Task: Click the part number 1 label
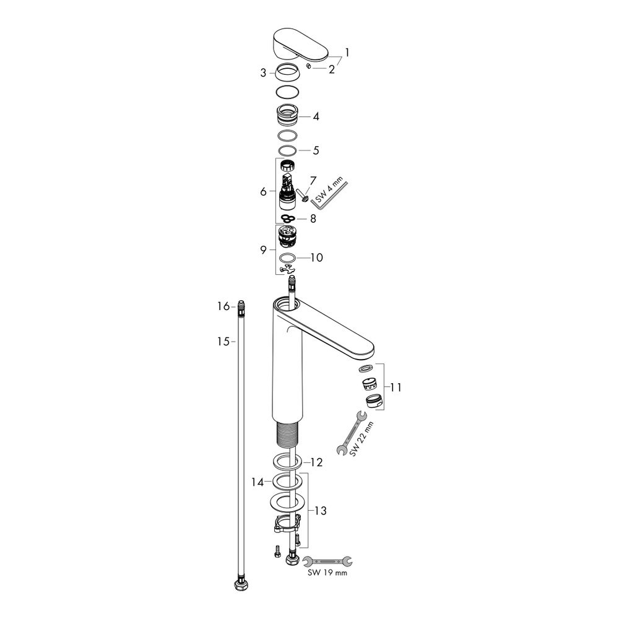(347, 53)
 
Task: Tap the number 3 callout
(263, 73)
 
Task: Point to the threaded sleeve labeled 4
(287, 116)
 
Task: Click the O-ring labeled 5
(287, 151)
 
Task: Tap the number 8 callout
(313, 219)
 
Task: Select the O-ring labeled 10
(287, 258)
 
